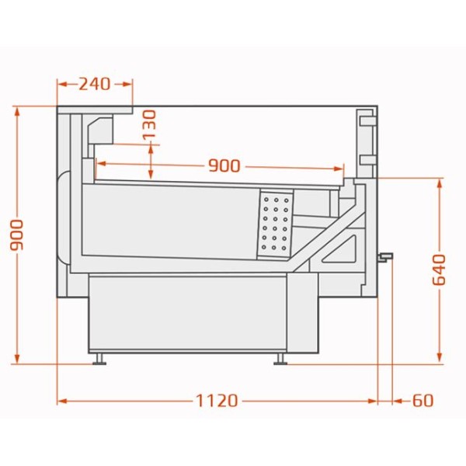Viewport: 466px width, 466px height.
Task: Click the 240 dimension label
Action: coord(95,84)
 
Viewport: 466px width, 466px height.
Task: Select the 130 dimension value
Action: coord(149,124)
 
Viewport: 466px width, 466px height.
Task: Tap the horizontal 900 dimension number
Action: coord(224,166)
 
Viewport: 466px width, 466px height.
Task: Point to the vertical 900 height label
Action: coord(16,235)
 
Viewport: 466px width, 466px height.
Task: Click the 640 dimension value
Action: coord(440,270)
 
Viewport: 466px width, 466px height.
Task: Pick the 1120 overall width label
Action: coord(217,401)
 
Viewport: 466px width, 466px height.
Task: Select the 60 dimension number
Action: coord(423,401)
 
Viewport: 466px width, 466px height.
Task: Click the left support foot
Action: coord(99,359)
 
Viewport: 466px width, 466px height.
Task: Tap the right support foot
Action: coord(280,359)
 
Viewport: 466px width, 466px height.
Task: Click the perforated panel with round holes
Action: coord(275,224)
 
